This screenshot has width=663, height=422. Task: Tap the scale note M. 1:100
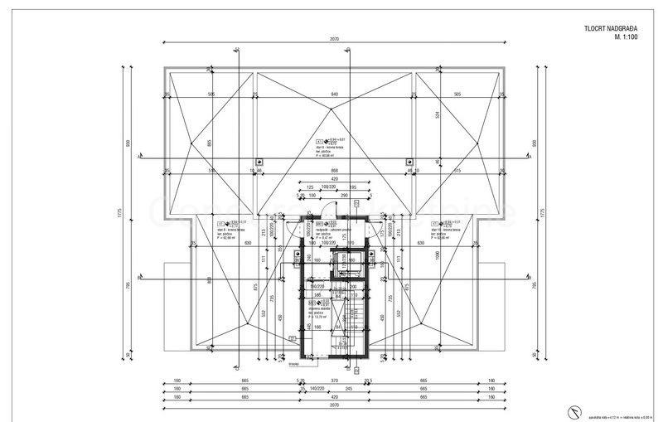click(627, 37)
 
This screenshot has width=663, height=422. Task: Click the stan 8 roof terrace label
click(232, 230)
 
